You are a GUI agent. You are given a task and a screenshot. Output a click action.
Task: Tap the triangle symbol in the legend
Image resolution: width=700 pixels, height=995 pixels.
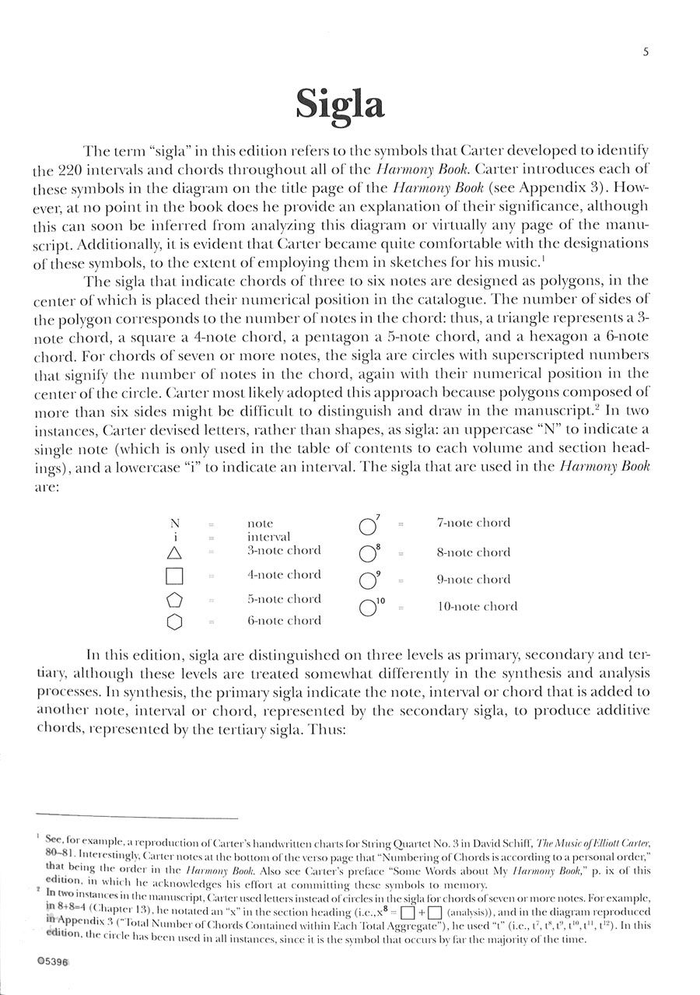tap(175, 553)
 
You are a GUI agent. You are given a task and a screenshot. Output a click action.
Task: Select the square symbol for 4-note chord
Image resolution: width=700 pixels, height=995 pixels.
tap(175, 576)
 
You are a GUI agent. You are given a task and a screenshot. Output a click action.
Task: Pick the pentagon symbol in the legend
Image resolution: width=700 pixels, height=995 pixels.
tap(175, 600)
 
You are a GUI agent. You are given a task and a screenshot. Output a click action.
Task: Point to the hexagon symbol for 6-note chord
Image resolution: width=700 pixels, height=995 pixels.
tap(175, 622)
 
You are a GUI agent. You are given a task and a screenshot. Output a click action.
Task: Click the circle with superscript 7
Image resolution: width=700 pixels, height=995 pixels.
tap(366, 527)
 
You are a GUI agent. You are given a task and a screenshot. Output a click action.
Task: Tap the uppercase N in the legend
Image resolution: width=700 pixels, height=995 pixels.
tap(175, 524)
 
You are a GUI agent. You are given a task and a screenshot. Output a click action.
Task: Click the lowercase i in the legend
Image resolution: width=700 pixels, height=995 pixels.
tap(176, 537)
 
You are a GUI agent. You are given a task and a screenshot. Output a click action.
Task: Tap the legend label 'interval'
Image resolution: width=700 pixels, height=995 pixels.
tap(268, 537)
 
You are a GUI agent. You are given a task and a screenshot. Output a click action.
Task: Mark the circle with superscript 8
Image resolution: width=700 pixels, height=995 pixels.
tap(366, 555)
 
